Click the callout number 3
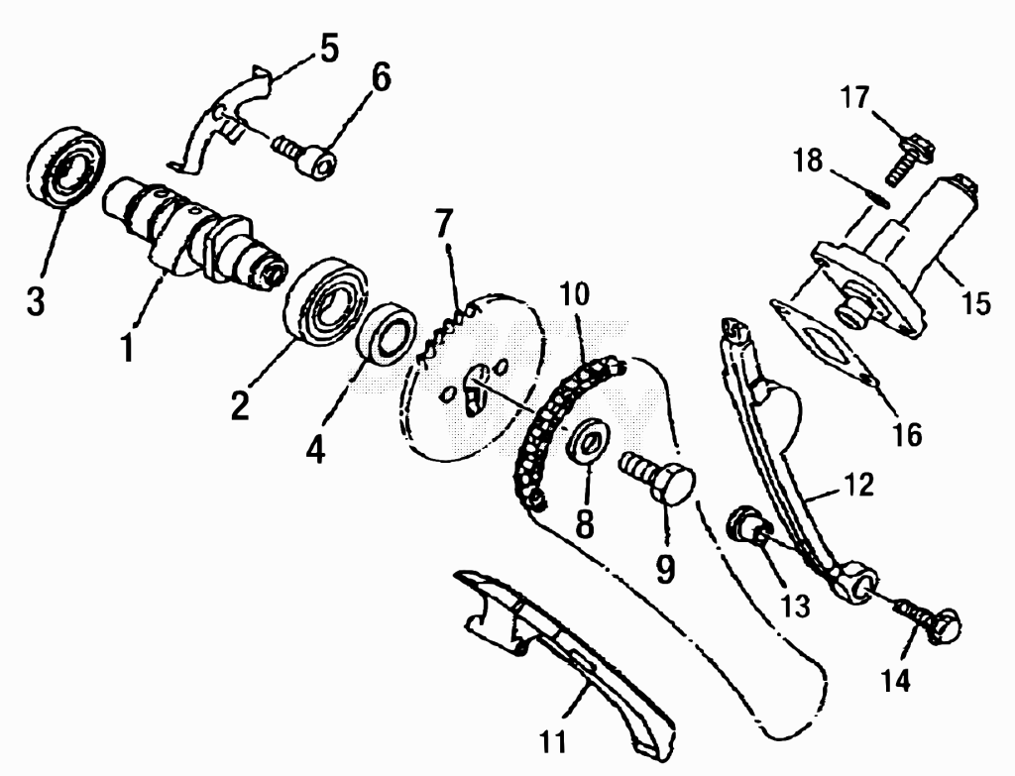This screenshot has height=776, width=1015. (37, 300)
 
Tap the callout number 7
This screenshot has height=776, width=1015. (443, 223)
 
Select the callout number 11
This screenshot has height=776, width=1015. (553, 742)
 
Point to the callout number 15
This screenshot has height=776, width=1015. (976, 302)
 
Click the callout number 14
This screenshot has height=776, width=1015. (896, 680)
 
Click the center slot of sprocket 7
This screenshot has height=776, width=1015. (477, 388)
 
